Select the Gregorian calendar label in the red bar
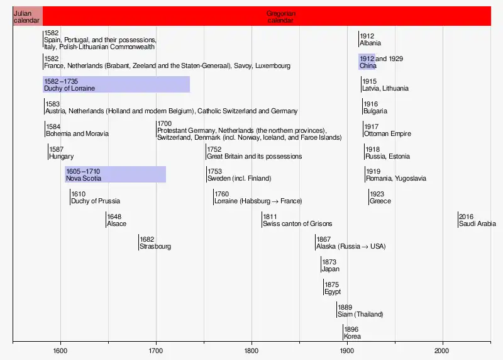[x=280, y=17]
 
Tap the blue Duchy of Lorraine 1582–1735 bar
[x=116, y=84]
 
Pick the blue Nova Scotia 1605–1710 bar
[x=115, y=174]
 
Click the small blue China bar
[x=367, y=62]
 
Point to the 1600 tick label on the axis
[x=60, y=350]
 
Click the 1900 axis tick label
[x=347, y=350]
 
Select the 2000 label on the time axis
[x=442, y=350]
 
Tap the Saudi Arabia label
[x=477, y=224]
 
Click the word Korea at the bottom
[x=352, y=337]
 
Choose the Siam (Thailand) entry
[x=360, y=314]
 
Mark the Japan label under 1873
[x=331, y=269]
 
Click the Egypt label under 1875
[x=333, y=291]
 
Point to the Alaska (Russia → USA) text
[x=351, y=247]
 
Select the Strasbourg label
[x=155, y=247]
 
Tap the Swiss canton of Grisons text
[x=297, y=224]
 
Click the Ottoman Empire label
[x=387, y=134]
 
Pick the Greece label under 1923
[x=380, y=201]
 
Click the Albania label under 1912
[x=370, y=43]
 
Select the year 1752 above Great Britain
[x=214, y=149]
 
